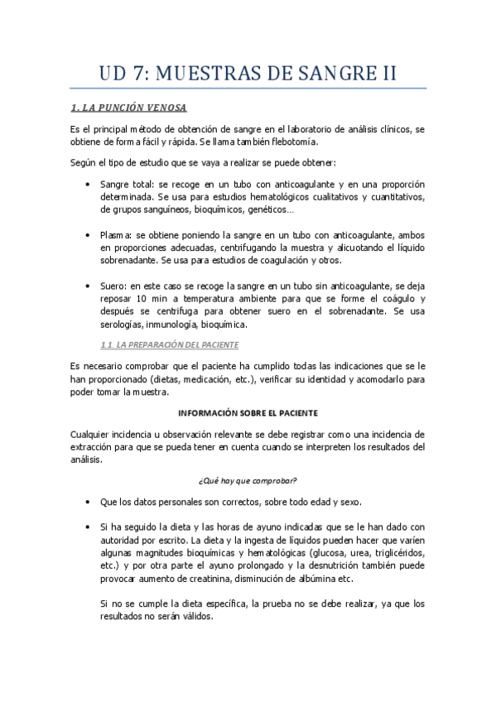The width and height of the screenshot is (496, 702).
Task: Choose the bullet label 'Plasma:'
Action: click(117, 235)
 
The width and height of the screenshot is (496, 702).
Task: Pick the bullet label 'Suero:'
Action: click(114, 286)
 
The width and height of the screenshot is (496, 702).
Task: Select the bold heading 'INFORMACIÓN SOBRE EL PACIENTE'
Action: click(248, 411)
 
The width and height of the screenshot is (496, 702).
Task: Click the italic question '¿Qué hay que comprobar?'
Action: click(248, 481)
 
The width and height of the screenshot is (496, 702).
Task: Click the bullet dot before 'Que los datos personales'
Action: click(88, 502)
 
